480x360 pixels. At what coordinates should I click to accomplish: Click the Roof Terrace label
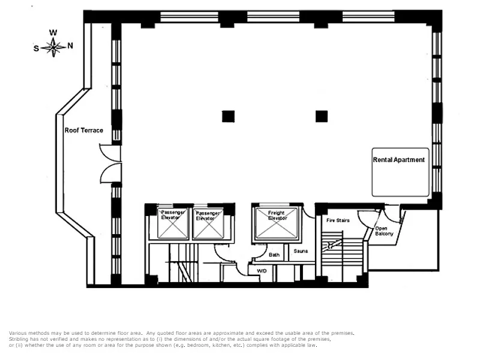click(x=84, y=130)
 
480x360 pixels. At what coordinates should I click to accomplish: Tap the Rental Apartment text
click(x=399, y=160)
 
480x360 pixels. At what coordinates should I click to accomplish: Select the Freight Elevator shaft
click(x=277, y=223)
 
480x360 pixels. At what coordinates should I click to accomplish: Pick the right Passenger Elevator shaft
click(x=208, y=223)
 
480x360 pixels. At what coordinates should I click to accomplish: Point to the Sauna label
click(x=301, y=251)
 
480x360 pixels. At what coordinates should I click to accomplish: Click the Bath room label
click(x=274, y=255)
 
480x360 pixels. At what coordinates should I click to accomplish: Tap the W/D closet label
click(x=262, y=271)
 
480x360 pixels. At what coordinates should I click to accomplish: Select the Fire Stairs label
click(x=338, y=221)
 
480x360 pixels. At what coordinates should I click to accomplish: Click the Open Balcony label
click(x=384, y=231)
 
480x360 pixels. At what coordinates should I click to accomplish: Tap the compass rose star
click(x=54, y=46)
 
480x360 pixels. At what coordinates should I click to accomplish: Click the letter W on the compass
click(x=53, y=33)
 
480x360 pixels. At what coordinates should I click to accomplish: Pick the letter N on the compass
click(x=70, y=46)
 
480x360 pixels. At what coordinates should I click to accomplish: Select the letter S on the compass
click(x=37, y=49)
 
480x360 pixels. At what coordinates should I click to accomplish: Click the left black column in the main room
click(x=228, y=116)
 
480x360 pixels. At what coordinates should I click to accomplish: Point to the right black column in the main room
click(x=322, y=116)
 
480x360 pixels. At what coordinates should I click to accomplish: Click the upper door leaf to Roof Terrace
click(x=107, y=153)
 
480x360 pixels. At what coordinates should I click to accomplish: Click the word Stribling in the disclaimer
click(x=19, y=339)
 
